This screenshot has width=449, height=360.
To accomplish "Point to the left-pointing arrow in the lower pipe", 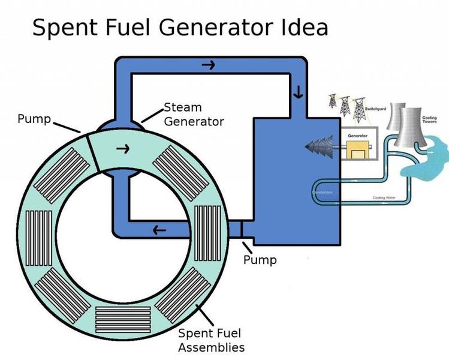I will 159,229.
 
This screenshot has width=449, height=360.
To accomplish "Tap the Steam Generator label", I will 194,115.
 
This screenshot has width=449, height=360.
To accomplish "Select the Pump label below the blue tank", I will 260,260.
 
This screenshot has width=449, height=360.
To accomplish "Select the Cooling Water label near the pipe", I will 384,197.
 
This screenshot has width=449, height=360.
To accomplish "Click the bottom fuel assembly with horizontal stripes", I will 123,317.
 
